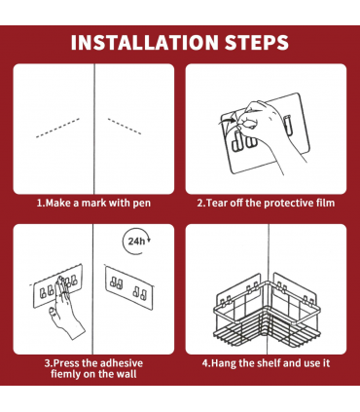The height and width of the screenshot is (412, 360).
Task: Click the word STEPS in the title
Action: [x=257, y=42]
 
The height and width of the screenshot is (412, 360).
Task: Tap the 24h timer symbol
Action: [x=136, y=242]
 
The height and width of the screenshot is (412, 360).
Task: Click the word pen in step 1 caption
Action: [x=141, y=204]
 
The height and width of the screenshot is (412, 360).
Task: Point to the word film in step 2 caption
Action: [x=325, y=203]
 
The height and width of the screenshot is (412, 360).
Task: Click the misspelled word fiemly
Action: [x=66, y=374]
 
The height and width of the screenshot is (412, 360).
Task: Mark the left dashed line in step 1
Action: [x=57, y=128]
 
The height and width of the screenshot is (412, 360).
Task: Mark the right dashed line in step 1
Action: [x=125, y=127]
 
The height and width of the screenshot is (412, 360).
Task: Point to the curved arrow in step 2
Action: [x=227, y=121]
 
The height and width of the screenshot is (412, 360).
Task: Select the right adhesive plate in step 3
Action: [x=129, y=288]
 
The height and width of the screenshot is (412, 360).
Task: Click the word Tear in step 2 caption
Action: [x=217, y=204]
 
